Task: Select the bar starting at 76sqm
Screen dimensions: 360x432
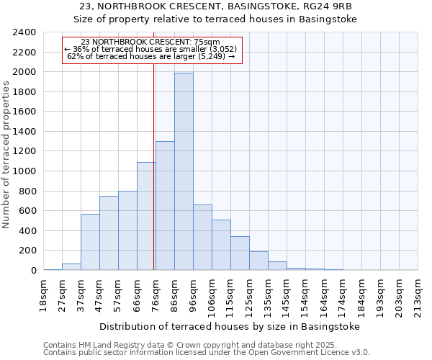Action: point(165,206)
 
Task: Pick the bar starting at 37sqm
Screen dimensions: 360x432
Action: point(90,242)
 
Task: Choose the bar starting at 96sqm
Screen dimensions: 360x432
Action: point(202,238)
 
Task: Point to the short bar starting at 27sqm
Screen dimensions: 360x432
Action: point(71,266)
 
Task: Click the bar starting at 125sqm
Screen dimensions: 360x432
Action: point(258,261)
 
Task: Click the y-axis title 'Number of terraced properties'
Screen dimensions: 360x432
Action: point(6,155)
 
